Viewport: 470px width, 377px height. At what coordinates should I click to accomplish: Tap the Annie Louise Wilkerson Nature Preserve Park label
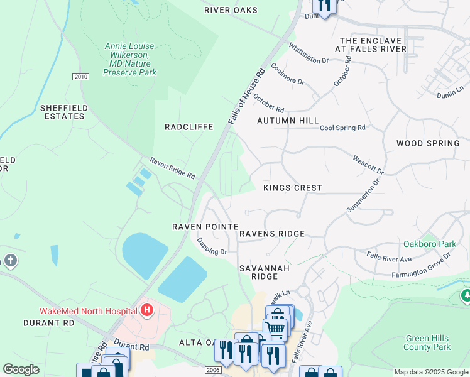[x=129, y=60]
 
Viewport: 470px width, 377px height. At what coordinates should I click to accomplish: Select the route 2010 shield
[x=80, y=77]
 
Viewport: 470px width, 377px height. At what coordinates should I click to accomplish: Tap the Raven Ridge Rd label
[x=172, y=168]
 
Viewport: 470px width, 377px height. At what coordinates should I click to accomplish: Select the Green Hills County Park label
[x=428, y=342]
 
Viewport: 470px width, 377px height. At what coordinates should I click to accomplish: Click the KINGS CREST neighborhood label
[x=292, y=188]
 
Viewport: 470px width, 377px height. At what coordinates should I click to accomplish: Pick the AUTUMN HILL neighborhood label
[x=287, y=120]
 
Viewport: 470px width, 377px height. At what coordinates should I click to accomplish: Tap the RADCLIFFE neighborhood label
[x=189, y=127]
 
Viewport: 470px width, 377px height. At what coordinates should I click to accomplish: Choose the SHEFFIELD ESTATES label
[x=62, y=112]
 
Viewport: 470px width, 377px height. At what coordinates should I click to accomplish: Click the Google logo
[x=21, y=369]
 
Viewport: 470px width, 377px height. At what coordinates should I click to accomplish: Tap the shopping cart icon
[x=275, y=328]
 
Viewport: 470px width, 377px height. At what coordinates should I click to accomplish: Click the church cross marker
[x=10, y=261]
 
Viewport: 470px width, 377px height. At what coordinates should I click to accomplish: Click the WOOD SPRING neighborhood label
[x=427, y=143]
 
